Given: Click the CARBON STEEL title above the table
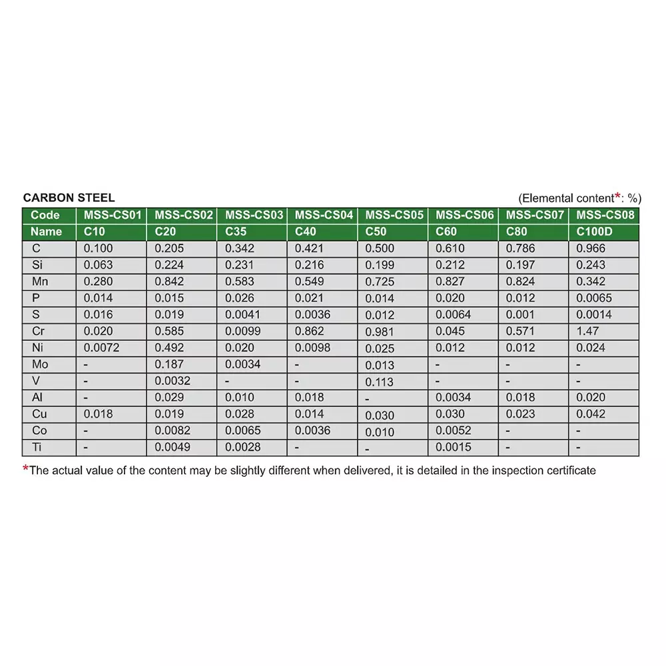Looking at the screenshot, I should [x=69, y=198].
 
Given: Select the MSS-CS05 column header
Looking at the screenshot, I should [x=394, y=215].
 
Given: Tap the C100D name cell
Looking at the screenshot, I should [x=594, y=232].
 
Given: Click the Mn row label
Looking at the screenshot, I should [x=40, y=282].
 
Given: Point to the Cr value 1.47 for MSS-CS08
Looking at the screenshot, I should [x=587, y=331].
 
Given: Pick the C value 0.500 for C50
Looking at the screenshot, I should [x=380, y=248].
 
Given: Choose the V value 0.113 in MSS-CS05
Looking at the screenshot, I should [x=380, y=382].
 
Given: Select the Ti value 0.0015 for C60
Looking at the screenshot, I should [x=454, y=447].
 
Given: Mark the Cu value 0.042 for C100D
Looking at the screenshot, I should [x=591, y=414].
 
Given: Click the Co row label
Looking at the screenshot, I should [x=40, y=430].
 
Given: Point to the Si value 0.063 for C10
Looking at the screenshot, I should [x=98, y=265].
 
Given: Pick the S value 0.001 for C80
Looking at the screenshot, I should [x=520, y=314].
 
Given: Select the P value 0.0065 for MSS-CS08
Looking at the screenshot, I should [x=594, y=298].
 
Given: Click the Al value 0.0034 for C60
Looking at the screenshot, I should [x=454, y=398].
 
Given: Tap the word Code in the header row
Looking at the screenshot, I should [x=45, y=215].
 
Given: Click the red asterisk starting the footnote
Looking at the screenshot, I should [x=26, y=469].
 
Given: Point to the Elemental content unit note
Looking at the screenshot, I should [x=579, y=198].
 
